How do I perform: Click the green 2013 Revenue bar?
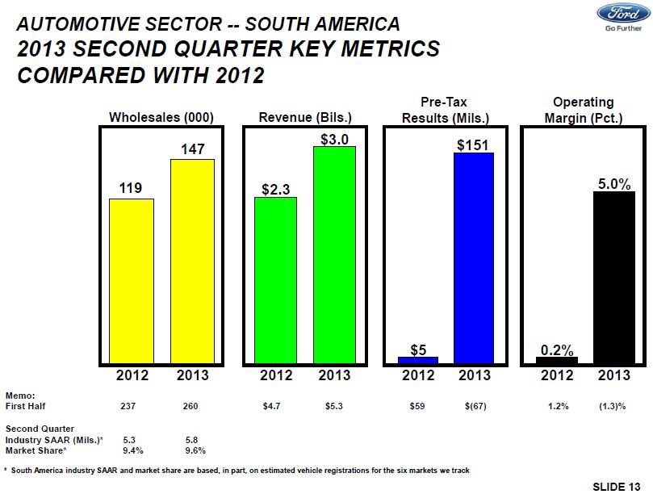tap(334, 254)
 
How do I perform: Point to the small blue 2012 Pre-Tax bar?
tap(417, 360)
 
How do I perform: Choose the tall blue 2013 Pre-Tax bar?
tap(474, 257)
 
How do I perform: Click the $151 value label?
tap(474, 144)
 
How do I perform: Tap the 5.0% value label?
tap(614, 184)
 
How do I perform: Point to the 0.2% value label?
tap(557, 350)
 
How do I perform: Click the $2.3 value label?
tap(275, 189)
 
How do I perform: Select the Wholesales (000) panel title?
tap(161, 118)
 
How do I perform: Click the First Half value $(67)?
tap(474, 406)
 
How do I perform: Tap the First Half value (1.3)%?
tap(614, 406)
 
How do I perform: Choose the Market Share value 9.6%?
tap(195, 450)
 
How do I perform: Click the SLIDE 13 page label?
tap(619, 485)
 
